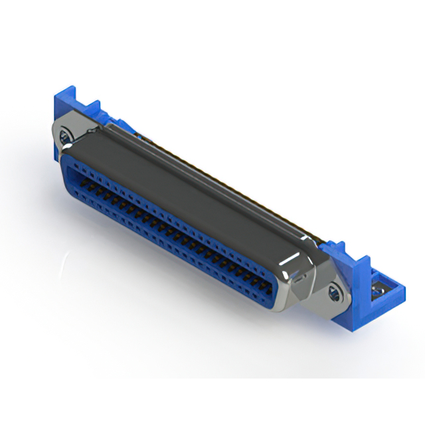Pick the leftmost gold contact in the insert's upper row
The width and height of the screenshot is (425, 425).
click(85, 179)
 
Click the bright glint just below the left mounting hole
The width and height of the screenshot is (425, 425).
click(66, 147)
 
